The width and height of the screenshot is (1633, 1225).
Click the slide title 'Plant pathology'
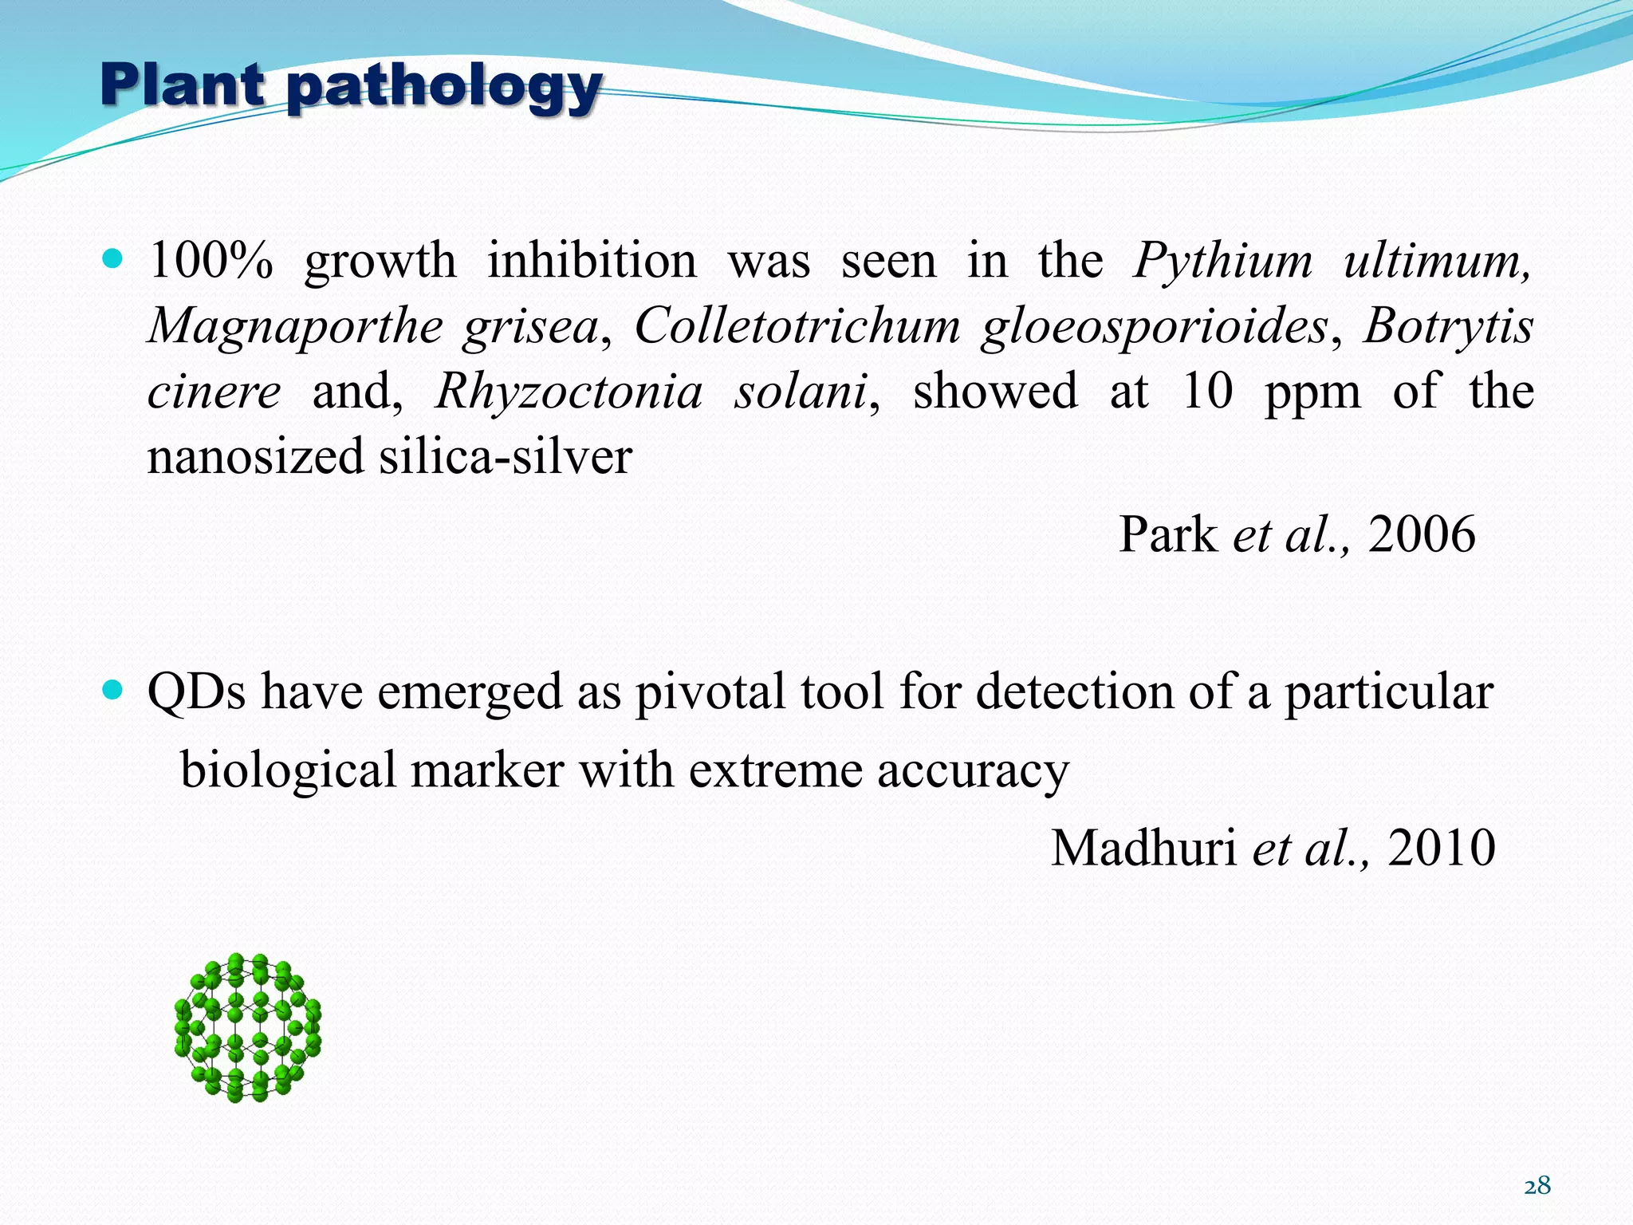point(351,88)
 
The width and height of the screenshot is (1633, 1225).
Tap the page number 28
point(1537,1186)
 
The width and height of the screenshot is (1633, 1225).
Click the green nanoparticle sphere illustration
point(247,1027)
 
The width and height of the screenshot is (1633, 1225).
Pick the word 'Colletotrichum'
point(797,326)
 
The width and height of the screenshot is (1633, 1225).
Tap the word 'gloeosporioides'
point(1154,327)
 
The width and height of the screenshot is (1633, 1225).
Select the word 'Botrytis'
point(1448,327)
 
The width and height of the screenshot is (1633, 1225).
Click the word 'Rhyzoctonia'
point(569,392)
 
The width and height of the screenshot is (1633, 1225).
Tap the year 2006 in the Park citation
point(1422,534)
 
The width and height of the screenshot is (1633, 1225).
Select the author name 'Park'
point(1167,534)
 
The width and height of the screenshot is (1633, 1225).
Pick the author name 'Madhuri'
point(1143,848)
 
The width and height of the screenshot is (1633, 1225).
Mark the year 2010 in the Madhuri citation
point(1441,848)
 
